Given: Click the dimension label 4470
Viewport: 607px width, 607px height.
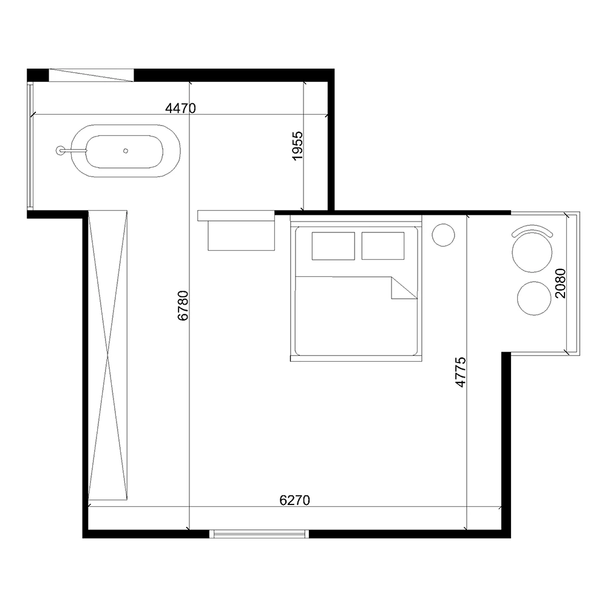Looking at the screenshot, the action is click(180, 108).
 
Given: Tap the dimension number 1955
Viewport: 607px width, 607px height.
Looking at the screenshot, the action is click(297, 146).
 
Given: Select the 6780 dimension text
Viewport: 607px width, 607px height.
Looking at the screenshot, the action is click(183, 305).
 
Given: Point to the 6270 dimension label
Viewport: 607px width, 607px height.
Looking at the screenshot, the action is click(294, 501).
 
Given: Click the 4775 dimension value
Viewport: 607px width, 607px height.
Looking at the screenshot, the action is click(461, 372).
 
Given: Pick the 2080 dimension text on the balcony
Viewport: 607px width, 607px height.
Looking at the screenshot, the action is click(560, 283).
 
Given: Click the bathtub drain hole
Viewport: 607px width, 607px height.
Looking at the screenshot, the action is click(126, 151).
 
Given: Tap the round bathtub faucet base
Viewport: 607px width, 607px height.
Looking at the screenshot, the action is click(60, 150).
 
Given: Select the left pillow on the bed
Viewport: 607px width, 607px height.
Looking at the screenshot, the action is click(333, 246).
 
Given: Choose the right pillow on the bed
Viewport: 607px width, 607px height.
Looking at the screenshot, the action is click(383, 246).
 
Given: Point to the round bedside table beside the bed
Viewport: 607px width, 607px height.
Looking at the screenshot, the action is click(443, 234).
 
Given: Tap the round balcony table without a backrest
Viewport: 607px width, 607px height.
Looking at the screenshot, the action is click(534, 299).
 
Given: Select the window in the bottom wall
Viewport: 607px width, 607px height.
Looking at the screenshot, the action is click(259, 534).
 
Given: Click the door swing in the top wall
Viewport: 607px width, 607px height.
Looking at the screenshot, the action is click(91, 75).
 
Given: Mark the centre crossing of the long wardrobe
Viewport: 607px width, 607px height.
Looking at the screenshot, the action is click(107, 353).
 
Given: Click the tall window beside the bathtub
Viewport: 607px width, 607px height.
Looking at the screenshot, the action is click(30, 146).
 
